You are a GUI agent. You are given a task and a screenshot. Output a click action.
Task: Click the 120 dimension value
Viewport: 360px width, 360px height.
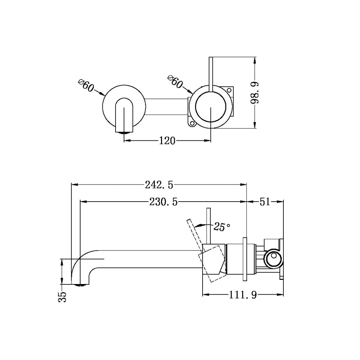167,141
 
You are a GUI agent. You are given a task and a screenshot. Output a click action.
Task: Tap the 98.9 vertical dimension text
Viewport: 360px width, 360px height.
255,93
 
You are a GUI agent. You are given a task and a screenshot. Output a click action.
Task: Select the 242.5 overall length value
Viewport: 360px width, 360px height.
159,185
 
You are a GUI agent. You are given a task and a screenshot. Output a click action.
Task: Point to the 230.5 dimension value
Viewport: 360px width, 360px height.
163,202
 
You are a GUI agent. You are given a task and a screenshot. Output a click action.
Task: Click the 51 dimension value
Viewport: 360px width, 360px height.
265,202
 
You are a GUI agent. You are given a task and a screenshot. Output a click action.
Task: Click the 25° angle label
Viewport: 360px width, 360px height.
222,226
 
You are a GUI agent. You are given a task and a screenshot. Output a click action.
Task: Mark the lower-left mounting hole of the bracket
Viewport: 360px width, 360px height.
192,124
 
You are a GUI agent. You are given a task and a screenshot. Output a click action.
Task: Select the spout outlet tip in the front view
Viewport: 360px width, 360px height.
124,132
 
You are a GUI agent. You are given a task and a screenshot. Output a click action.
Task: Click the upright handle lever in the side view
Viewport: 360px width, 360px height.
208,226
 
